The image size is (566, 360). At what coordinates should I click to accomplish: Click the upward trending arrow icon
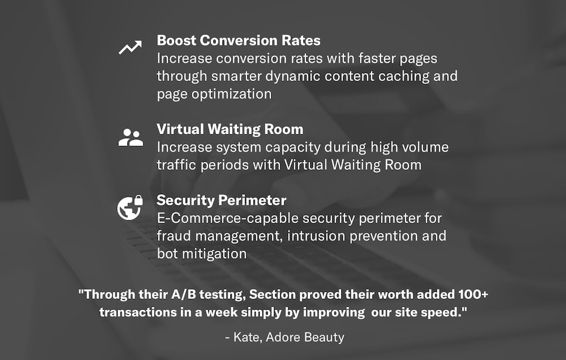[130, 48]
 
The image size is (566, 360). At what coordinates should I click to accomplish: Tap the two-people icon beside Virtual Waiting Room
[131, 137]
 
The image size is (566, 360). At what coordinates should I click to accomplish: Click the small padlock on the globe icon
[138, 200]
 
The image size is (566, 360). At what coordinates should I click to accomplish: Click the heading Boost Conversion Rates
[239, 40]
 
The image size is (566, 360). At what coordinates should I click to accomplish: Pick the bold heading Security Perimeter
[221, 200]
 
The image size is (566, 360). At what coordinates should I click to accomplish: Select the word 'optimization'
[231, 94]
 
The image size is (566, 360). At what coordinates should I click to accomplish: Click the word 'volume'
[425, 147]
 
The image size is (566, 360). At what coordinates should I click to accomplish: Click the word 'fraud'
[174, 236]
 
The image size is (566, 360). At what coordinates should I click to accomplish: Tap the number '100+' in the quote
[473, 294]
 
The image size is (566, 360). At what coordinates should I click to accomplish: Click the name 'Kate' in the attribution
[248, 337]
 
